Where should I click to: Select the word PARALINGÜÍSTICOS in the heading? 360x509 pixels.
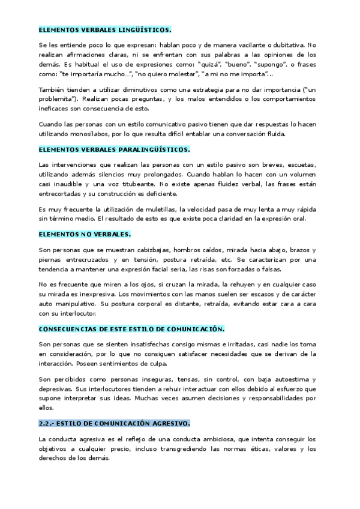[x=155, y=149]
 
